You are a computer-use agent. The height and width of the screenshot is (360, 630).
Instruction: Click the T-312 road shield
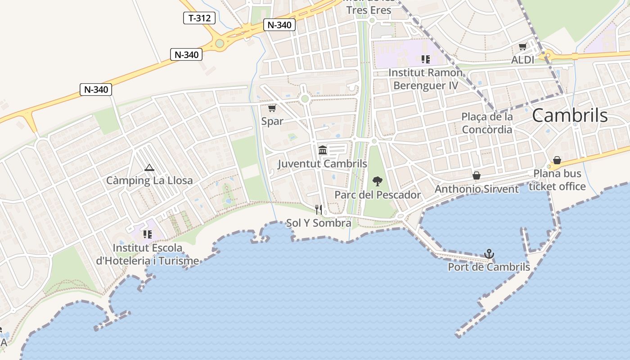199,18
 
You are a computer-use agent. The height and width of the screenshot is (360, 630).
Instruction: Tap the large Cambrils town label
570,116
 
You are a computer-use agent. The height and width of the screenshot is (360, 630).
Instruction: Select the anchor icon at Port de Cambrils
489,254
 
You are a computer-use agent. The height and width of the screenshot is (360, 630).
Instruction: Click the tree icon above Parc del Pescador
378,181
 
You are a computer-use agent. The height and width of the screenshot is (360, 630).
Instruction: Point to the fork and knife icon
319,209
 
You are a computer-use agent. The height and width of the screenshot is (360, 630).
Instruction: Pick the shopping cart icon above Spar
272,108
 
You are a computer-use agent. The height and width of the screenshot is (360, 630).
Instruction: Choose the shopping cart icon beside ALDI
523,47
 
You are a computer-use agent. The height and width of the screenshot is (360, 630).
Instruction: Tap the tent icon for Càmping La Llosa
149,168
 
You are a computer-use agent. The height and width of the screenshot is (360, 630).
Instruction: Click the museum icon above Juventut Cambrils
323,150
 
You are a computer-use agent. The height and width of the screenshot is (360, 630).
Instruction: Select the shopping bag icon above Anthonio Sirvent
477,175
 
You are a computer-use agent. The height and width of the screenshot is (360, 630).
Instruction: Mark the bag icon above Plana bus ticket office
557,160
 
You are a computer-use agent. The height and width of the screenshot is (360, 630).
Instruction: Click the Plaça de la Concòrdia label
487,123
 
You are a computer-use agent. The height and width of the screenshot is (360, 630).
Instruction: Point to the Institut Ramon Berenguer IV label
425,79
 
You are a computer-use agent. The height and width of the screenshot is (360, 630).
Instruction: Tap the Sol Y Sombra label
319,223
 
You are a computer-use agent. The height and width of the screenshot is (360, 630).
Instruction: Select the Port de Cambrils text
489,267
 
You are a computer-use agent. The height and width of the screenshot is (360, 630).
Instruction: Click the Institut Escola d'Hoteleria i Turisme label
148,254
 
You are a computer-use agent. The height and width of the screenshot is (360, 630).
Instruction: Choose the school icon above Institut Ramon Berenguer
425,59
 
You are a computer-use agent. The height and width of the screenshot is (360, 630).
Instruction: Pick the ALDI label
523,60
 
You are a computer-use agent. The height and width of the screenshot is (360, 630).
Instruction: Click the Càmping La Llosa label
149,180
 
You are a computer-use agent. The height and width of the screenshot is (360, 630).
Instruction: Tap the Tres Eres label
369,10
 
